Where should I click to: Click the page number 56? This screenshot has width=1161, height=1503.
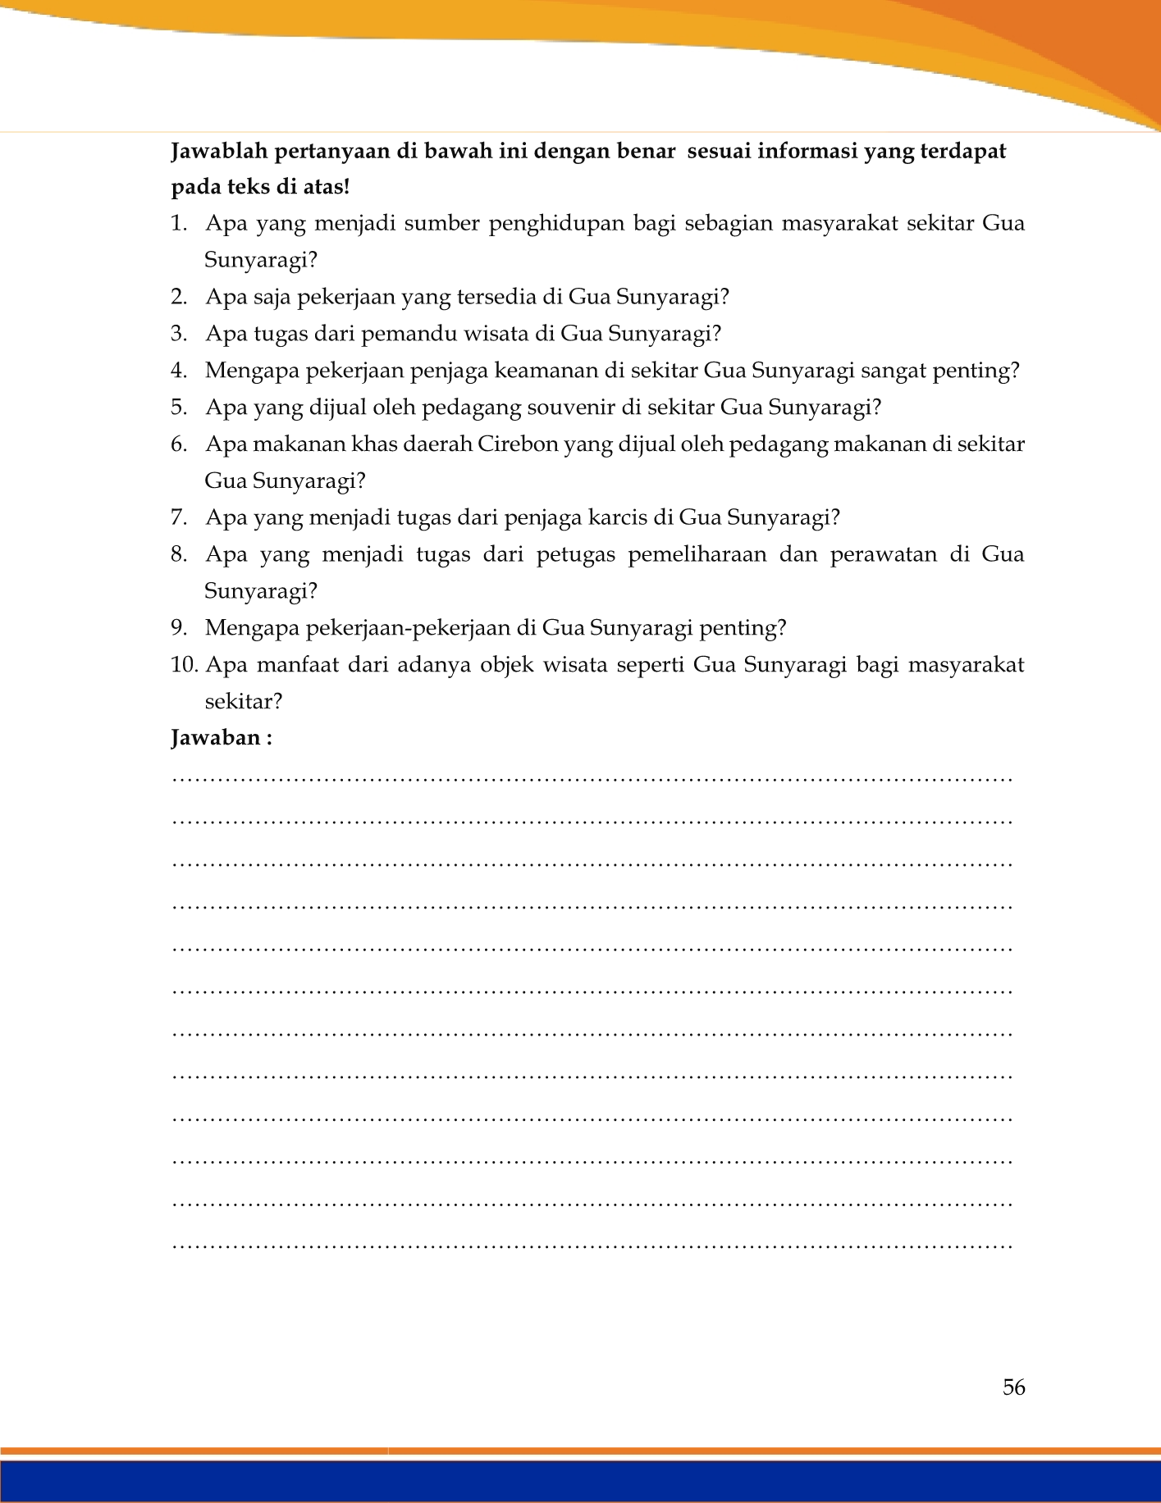[1013, 1387]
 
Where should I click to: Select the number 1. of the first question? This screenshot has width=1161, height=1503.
[179, 224]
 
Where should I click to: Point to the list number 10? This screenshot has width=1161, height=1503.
[185, 665]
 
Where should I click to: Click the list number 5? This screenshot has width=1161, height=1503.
[179, 408]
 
